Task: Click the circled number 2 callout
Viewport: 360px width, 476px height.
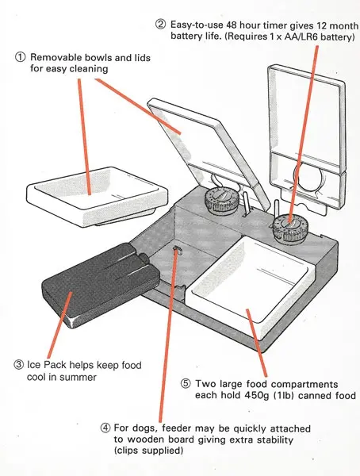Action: click(161, 23)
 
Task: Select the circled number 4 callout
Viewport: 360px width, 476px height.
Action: click(105, 429)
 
